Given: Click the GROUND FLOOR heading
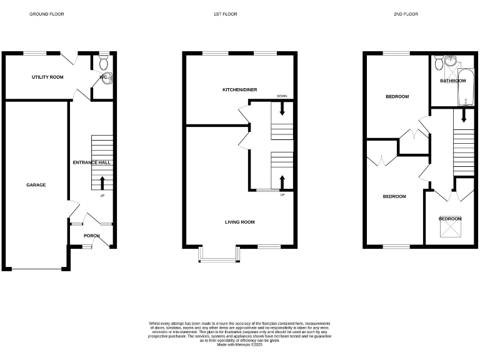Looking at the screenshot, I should pyautogui.click(x=46, y=14).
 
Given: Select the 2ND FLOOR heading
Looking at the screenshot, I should pyautogui.click(x=406, y=14).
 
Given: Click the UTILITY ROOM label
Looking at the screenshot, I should pyautogui.click(x=48, y=77).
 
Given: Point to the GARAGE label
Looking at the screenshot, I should pyautogui.click(x=36, y=185).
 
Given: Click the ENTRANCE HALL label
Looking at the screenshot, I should pyautogui.click(x=91, y=162).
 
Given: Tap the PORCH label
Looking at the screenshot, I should pyautogui.click(x=92, y=236).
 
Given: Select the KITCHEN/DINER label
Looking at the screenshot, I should pyautogui.click(x=240, y=90).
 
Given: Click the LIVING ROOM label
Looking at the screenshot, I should pyautogui.click(x=240, y=222).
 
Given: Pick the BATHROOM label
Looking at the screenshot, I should pyautogui.click(x=452, y=81).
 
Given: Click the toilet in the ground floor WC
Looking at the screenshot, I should pyautogui.click(x=104, y=62).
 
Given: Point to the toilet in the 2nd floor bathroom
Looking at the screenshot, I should pyautogui.click(x=439, y=62).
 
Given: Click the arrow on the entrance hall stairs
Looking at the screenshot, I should pyautogui.click(x=102, y=182).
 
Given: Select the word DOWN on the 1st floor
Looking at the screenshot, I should pyautogui.click(x=282, y=96).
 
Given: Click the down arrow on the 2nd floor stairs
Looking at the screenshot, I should pyautogui.click(x=463, y=116).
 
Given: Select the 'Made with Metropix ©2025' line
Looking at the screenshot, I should pyautogui.click(x=240, y=344).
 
